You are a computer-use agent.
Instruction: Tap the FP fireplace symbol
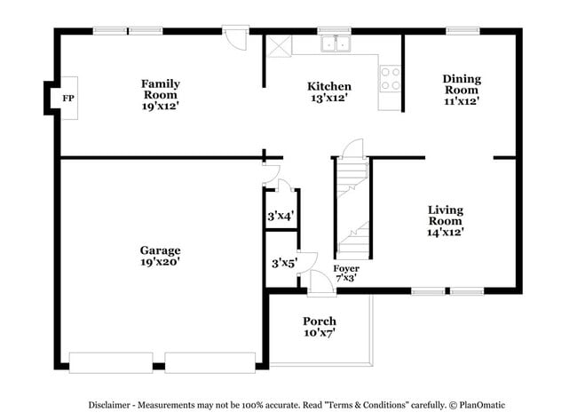tap(67, 98)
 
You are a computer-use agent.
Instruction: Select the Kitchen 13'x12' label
tap(328, 91)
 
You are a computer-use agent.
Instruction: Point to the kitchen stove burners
tap(390, 78)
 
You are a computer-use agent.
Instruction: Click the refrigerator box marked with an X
tap(280, 46)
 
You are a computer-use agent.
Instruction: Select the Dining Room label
tap(462, 90)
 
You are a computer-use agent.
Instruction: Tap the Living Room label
tap(445, 220)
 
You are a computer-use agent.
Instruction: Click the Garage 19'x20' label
tap(160, 256)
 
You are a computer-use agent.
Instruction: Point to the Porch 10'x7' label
tap(319, 327)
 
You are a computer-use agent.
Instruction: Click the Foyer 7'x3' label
tap(346, 273)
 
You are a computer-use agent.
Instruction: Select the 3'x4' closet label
tap(281, 216)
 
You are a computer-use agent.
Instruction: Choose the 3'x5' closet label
tap(283, 263)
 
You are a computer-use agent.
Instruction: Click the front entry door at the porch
tap(320, 282)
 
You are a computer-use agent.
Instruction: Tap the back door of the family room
tap(236, 37)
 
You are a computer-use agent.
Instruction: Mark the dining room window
tap(462, 31)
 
